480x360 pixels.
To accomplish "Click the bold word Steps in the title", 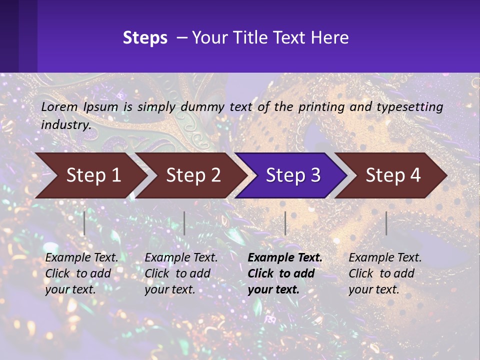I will click(145, 37).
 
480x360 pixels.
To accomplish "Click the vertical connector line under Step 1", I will click(84, 223).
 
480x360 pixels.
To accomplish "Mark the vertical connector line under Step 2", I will click(184, 223).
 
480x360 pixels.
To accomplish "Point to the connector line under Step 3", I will click(285, 223).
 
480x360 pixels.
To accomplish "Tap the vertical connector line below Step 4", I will click(386, 223).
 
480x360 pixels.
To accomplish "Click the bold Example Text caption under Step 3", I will click(285, 273).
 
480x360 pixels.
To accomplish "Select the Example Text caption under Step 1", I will click(81, 273).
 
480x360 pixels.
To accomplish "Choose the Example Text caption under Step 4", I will click(385, 273).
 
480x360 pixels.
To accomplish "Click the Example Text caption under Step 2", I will click(181, 273).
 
